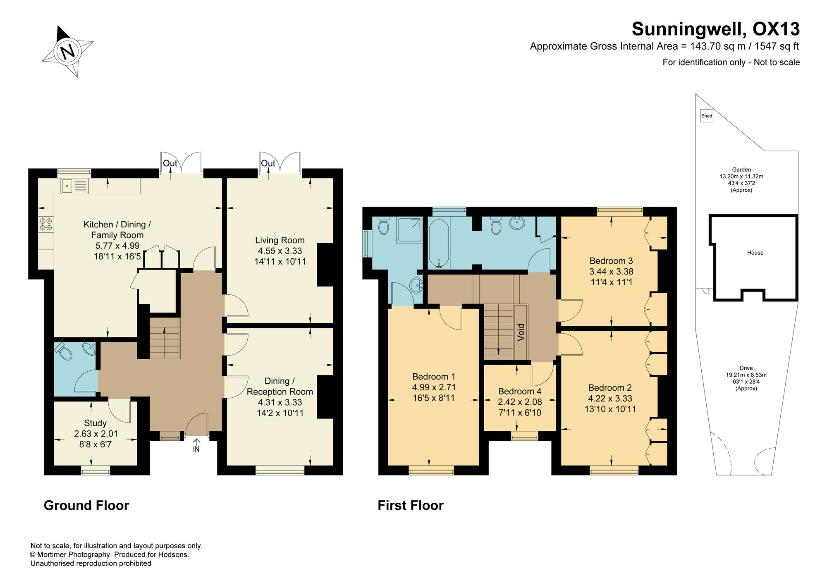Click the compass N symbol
[x=67, y=51]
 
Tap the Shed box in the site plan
[x=707, y=116]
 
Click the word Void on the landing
[x=521, y=332]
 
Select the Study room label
[x=95, y=423]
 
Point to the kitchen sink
[x=75, y=186]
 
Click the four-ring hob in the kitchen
[x=46, y=224]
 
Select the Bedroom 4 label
[x=520, y=391]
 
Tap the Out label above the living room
[x=268, y=163]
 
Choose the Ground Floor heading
[x=86, y=505]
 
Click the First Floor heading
[x=411, y=505]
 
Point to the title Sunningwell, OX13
[x=716, y=29]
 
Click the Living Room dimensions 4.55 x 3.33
[x=280, y=251]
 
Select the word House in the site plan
[x=755, y=253]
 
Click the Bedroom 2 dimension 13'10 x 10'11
[x=610, y=409]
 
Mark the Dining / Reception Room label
[x=280, y=386]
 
